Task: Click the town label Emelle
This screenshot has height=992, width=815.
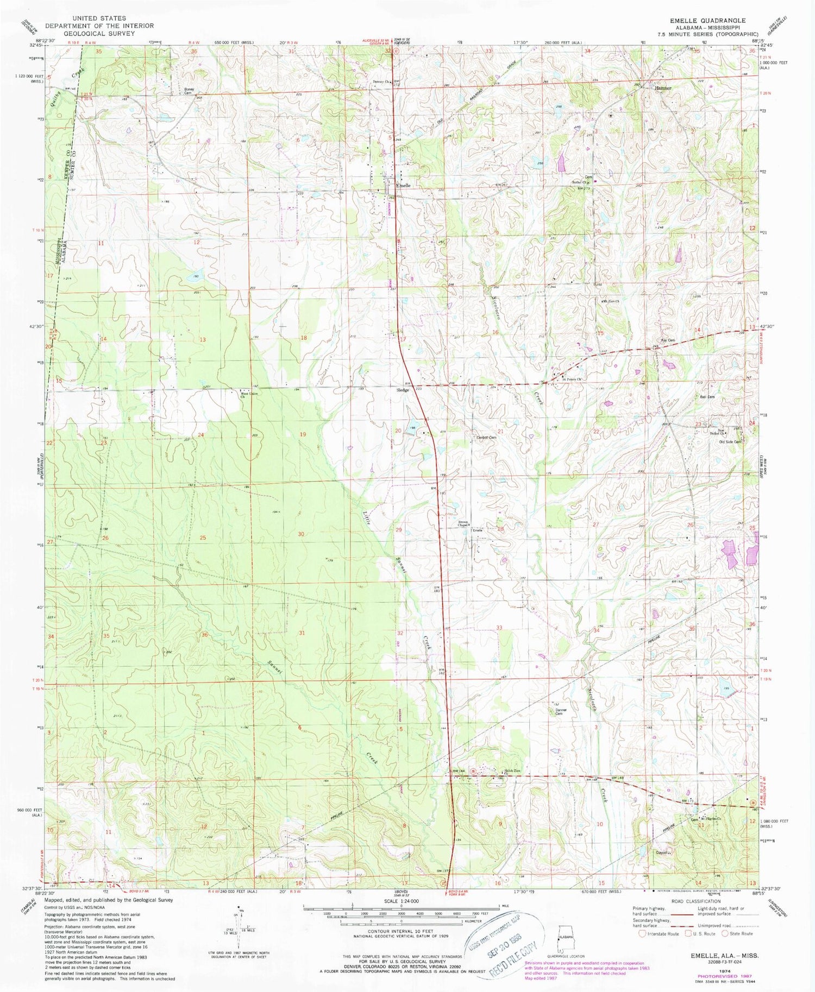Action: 403,185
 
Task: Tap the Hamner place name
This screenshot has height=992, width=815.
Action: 662,88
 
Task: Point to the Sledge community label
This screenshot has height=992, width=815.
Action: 403,390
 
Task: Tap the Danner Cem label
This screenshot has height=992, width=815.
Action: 561,712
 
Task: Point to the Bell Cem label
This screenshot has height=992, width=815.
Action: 707,397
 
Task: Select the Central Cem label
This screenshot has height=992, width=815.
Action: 487,438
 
